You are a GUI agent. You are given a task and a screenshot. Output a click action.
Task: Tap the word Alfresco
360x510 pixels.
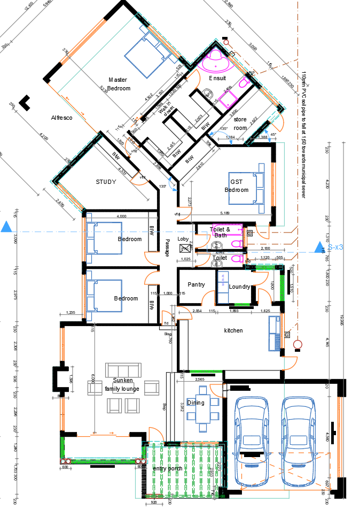pyautogui.click(x=61, y=117)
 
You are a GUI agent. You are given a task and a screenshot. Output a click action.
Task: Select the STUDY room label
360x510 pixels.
pyautogui.click(x=106, y=182)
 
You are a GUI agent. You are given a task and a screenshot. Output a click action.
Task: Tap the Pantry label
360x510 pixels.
pyautogui.click(x=196, y=285)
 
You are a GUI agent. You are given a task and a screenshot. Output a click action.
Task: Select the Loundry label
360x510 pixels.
pyautogui.click(x=239, y=287)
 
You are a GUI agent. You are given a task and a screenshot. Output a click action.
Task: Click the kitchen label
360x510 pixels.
pyautogui.click(x=233, y=330)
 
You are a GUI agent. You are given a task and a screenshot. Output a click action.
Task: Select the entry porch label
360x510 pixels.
pyautogui.click(x=168, y=468)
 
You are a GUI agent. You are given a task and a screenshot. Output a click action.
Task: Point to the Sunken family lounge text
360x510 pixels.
pyautogui.click(x=122, y=384)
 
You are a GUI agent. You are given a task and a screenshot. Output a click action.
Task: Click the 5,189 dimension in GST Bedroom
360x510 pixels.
pyautogui.click(x=224, y=213)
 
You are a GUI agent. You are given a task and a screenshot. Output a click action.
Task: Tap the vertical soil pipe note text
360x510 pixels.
pyautogui.click(x=303, y=134)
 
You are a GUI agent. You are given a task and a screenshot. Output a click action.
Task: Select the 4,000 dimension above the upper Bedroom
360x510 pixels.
pyautogui.click(x=121, y=216)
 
